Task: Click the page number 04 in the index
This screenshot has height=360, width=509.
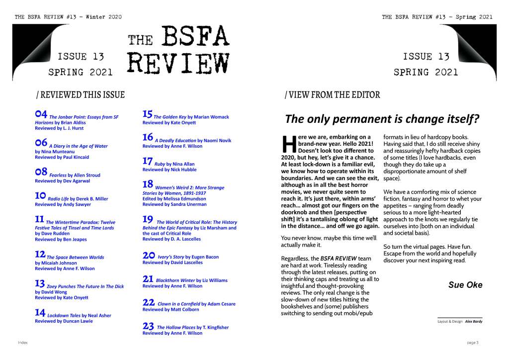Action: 41,115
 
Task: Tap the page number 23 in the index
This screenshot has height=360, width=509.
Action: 148,326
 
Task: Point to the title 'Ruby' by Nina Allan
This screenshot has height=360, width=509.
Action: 160,164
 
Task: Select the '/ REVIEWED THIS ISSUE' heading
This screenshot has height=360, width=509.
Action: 80,94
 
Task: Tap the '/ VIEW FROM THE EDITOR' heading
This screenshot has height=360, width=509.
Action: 332,94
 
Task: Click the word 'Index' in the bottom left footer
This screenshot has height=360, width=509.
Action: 23,343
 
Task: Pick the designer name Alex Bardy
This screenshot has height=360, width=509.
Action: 473,321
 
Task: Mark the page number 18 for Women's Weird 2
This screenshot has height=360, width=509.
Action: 148,183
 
